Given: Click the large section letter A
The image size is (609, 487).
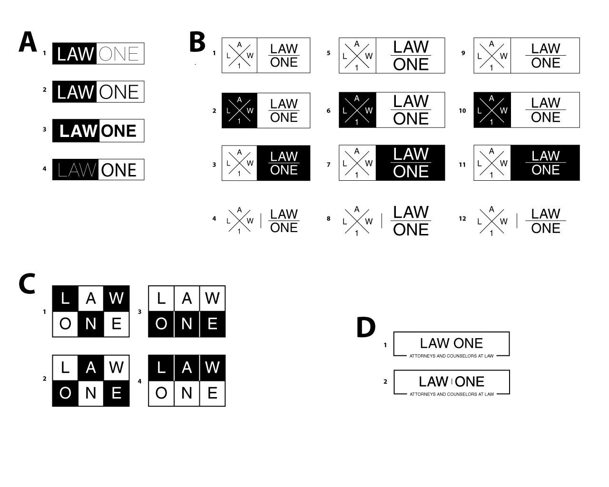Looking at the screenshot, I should pos(28,42).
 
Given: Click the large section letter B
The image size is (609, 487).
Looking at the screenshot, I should pos(197,42).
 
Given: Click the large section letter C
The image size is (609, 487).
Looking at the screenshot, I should pos(27,284).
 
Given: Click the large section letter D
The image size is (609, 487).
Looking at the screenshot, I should pos(366,328).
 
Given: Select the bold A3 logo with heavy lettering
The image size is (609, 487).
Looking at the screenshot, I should pos(98,131).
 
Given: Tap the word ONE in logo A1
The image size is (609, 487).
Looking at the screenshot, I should pos(119,54).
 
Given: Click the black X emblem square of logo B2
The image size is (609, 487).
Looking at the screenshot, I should pos(239,110).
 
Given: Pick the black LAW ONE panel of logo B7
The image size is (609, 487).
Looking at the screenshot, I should pos(411,163).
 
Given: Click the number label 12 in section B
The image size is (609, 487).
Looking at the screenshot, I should pos(462,219).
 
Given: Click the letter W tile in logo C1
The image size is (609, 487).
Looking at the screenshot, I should pos(117,299).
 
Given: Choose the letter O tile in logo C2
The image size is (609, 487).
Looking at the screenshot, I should pos(66,393).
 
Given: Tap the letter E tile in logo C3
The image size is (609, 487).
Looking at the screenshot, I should pos(212,324).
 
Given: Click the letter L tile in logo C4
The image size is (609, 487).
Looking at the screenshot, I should pos(161,368).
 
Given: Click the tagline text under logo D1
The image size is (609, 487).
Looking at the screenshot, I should pos(452,356).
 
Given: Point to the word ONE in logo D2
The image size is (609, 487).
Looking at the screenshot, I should pos(470,381).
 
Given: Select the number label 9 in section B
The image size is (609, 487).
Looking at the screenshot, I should pos(463,53).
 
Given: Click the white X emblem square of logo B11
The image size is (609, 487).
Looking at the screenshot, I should pos(492,163).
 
